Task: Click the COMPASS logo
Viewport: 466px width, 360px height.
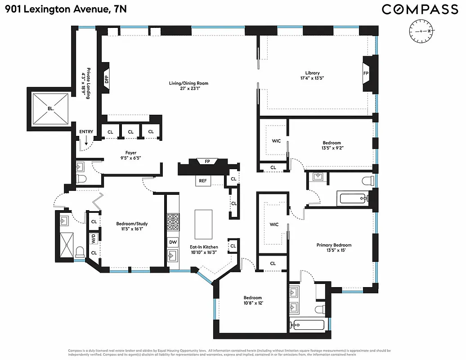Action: (420, 9)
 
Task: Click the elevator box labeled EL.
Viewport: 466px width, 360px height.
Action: (50, 108)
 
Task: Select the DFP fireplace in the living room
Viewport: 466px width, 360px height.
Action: (107, 80)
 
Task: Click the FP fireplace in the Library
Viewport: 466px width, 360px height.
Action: (366, 72)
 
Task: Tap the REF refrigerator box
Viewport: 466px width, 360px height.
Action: (203, 180)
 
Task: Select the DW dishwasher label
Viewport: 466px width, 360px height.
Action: (173, 242)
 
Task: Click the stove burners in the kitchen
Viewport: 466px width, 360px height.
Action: (173, 222)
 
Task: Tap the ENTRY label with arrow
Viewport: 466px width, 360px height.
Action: (86, 132)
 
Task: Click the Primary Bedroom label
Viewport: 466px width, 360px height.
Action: (333, 245)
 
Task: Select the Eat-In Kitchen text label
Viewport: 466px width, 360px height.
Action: (204, 247)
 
